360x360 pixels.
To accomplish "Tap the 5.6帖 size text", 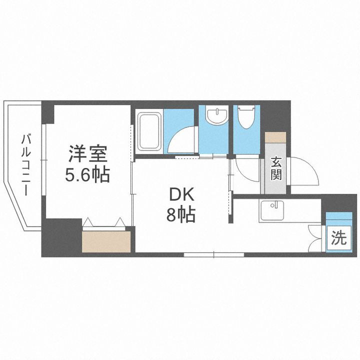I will pos(88,174).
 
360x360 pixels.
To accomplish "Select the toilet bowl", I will pos(246,118).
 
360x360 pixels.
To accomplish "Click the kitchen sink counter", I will pos(272,210).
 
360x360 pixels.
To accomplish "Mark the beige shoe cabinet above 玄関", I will pos(275,138).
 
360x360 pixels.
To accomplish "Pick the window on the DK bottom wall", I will pos(214,254).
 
